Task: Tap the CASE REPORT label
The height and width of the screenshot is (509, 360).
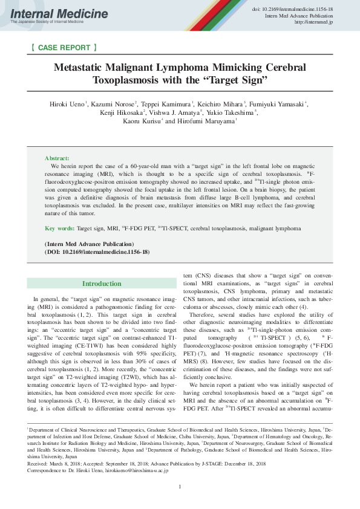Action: (x=63, y=47)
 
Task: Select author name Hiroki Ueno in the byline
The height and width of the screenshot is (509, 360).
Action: (x=67, y=105)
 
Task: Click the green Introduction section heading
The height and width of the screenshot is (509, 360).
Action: (x=102, y=284)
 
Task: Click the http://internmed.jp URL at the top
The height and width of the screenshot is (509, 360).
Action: (x=313, y=22)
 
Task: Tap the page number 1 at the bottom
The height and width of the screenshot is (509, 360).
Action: (x=180, y=487)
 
